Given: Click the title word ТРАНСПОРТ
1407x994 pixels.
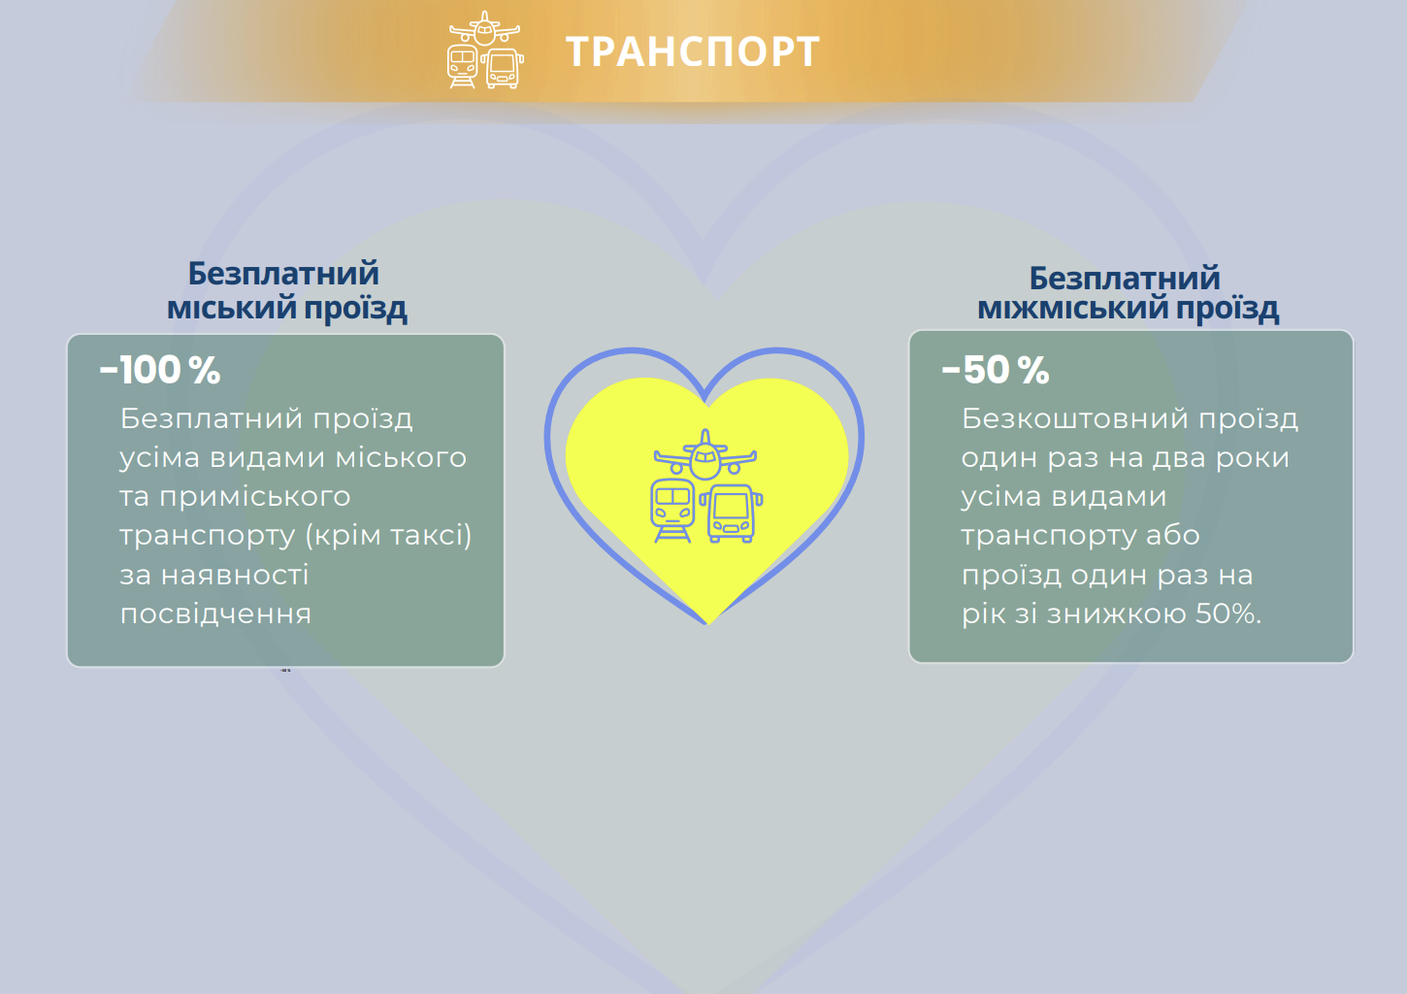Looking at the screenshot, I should point(693,52).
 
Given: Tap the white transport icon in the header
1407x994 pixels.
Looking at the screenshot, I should point(484,50).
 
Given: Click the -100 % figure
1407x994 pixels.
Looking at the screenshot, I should point(160,370).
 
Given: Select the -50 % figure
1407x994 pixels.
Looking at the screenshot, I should point(996,370).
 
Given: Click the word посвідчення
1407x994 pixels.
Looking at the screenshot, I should point(215,614).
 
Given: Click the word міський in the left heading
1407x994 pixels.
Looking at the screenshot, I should point(231,309).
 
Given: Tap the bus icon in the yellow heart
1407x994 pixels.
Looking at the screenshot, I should point(733,513).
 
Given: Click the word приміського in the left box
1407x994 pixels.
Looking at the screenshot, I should point(254,497).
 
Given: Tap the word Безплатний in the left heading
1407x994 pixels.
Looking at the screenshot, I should point(283,274).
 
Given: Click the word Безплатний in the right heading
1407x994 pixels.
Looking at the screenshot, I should point(1125,279).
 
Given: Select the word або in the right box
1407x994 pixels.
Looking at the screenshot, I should point(1173,536).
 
